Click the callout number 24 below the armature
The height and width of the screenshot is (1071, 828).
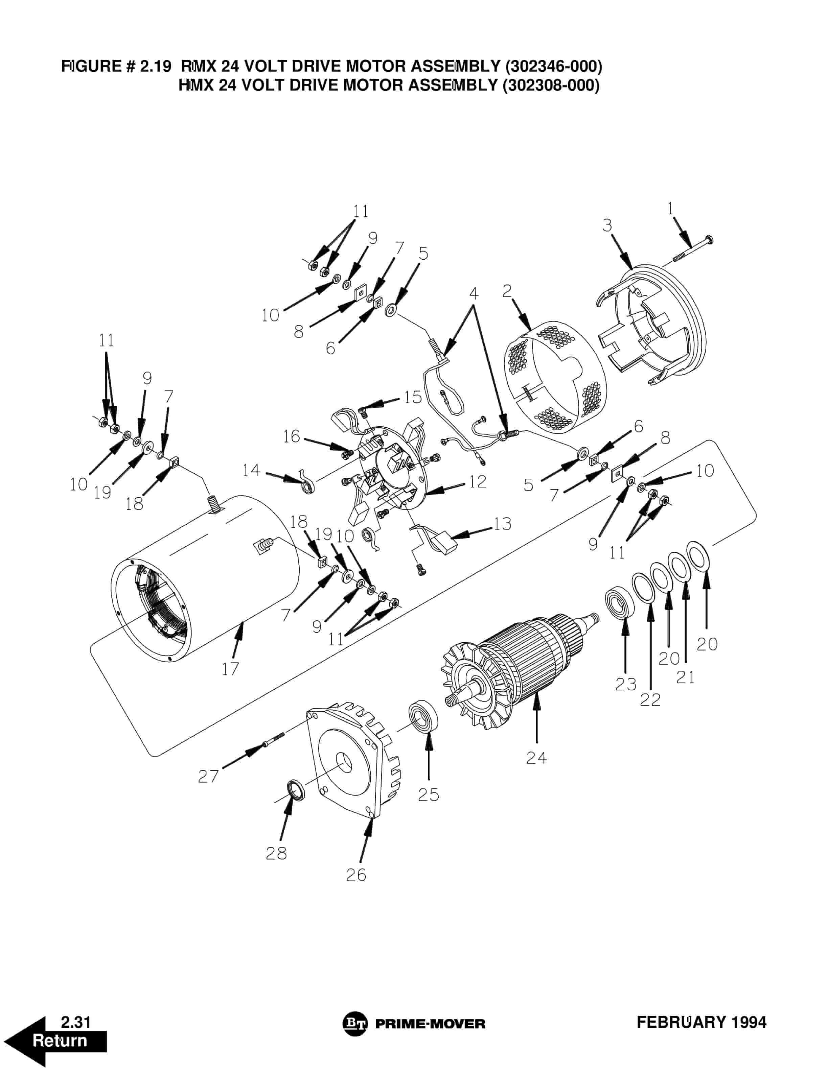(536, 758)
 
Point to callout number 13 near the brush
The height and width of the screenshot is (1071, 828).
(502, 524)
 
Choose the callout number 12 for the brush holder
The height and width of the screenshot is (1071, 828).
(477, 481)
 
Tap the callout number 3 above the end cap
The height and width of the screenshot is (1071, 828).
(607, 225)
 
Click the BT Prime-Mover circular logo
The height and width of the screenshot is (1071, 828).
(355, 1023)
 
